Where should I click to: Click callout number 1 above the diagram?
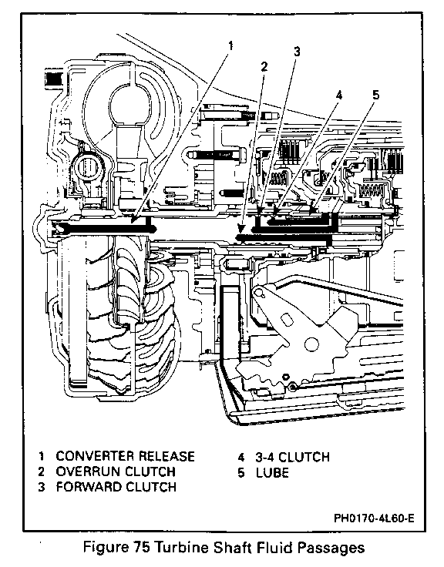tap(230, 46)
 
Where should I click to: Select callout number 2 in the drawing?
tap(264, 66)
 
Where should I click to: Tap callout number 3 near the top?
tap(297, 52)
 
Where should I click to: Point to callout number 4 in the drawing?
tap(338, 95)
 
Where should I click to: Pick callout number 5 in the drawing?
tap(376, 95)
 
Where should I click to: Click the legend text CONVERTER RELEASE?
tap(125, 456)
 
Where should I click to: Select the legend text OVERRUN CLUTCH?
tap(116, 471)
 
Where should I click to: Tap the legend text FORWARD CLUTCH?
tap(116, 487)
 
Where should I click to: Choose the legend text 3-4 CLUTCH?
tap(292, 457)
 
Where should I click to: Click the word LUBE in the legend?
tap(272, 472)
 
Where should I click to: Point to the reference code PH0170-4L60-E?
tap(374, 518)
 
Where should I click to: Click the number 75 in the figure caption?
tap(142, 547)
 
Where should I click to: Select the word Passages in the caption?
tap(331, 549)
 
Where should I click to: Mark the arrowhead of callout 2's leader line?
tap(240, 229)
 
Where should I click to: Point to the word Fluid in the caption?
tap(275, 547)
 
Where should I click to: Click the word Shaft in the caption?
tap(233, 547)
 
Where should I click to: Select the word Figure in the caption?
tap(106, 549)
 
